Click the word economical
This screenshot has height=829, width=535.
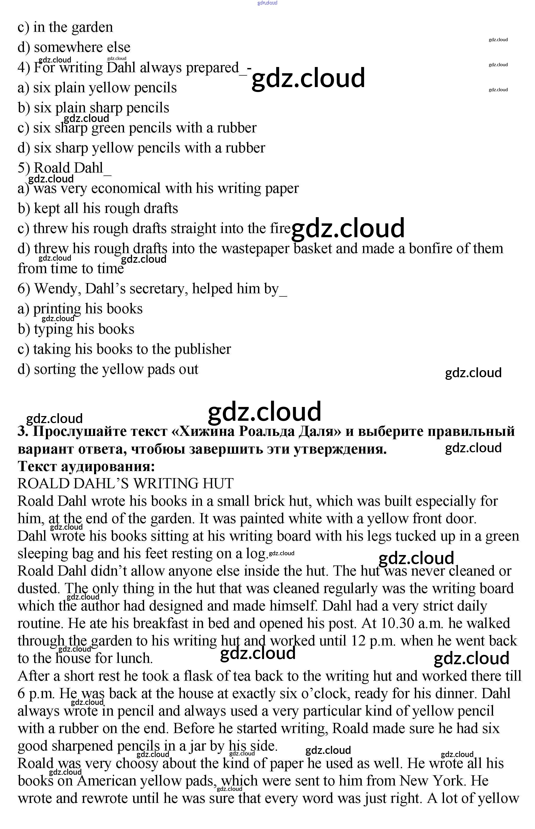[126, 188]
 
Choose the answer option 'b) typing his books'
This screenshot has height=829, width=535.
[76, 329]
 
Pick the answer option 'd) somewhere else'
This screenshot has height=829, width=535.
[74, 47]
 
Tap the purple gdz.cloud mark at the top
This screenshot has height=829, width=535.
[267, 3]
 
